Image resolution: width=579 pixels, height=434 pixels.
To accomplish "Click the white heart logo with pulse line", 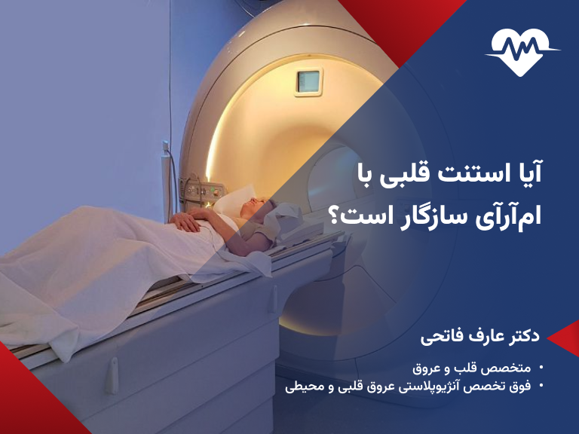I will (x=522, y=51).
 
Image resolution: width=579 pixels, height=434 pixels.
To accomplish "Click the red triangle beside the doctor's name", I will (x=564, y=337).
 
